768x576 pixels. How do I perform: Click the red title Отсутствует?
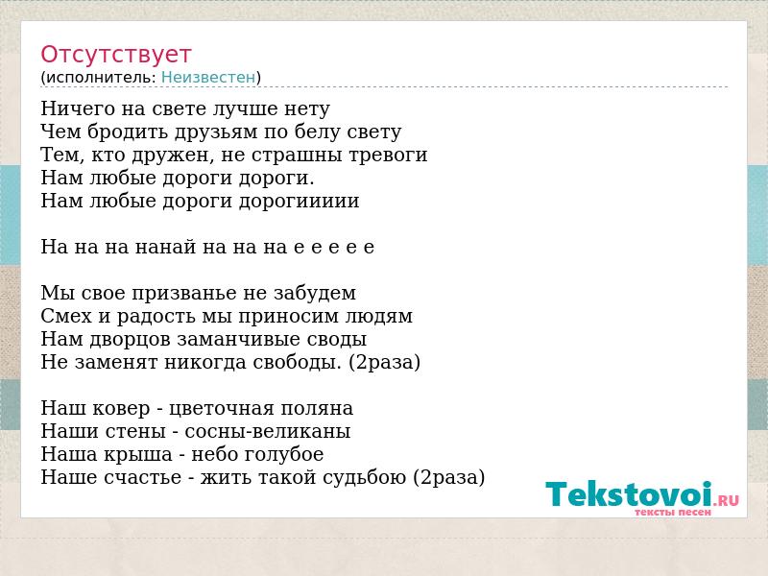pos(115,55)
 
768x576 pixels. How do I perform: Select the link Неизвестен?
pos(208,78)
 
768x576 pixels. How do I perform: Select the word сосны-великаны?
pos(268,431)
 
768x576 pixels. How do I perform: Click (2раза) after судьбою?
pos(449,477)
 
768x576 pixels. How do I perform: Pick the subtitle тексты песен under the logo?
pos(673,512)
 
